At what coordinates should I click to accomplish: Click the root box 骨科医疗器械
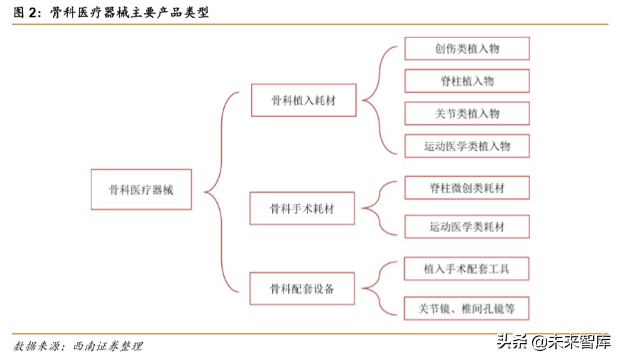141,189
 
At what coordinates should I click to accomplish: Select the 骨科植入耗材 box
304,100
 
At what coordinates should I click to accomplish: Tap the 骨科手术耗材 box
302,208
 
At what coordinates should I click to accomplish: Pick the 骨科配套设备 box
302,289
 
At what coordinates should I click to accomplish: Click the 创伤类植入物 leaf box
467,49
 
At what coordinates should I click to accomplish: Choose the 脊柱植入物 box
467,81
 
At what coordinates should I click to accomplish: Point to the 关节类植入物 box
467,113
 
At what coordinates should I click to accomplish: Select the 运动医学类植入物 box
467,146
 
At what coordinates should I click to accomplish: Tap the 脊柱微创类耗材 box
467,188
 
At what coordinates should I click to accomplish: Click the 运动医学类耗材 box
467,227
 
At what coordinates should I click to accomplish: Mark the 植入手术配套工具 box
467,269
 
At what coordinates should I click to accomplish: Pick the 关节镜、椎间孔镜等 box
467,308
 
